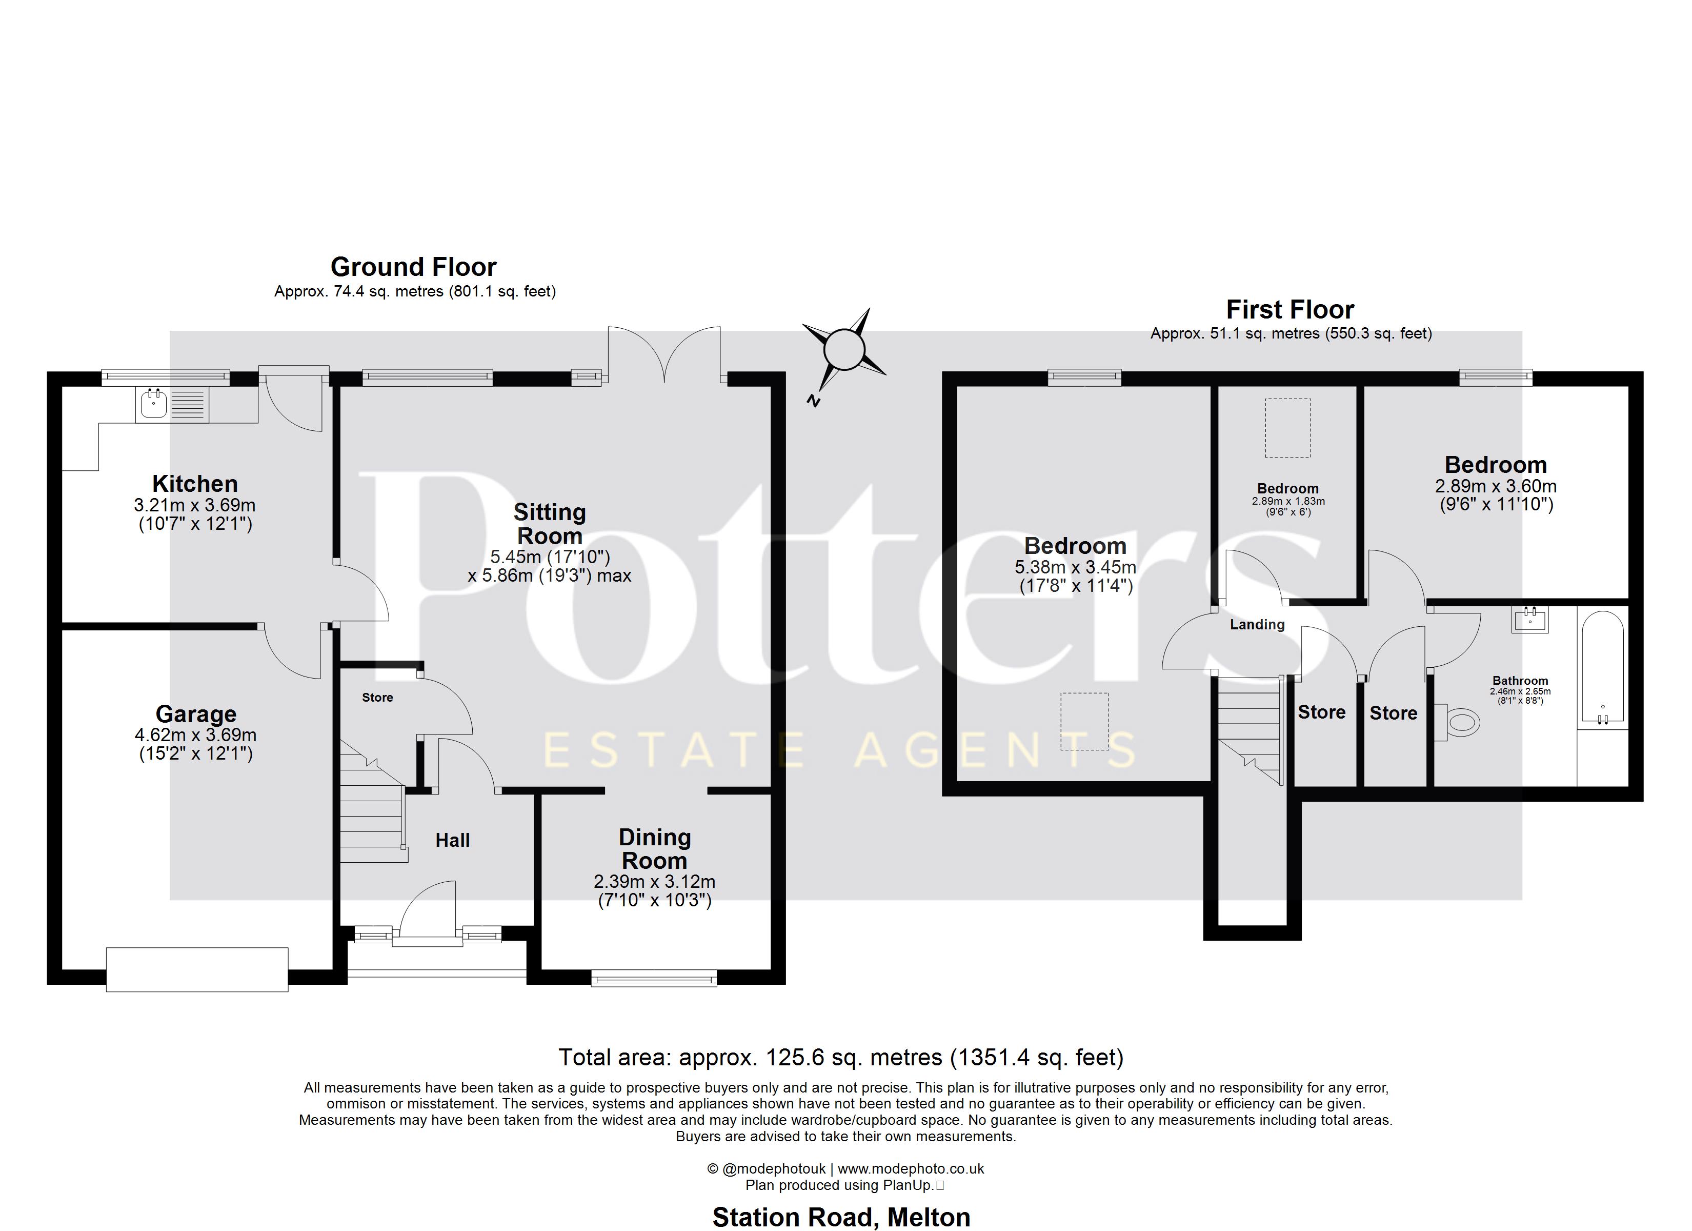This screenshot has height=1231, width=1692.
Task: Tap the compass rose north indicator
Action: click(844, 349)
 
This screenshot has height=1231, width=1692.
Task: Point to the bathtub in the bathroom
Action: click(1602, 667)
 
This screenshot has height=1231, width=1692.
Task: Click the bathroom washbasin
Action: click(1530, 619)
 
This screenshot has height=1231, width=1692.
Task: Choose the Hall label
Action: click(453, 841)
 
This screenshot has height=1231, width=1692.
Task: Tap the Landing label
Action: click(1257, 624)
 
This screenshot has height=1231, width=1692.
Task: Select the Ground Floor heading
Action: click(413, 267)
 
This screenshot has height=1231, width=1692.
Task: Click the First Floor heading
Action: click(1290, 309)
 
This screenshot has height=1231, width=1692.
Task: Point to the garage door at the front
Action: click(197, 969)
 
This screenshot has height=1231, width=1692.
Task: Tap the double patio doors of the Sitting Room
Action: click(664, 354)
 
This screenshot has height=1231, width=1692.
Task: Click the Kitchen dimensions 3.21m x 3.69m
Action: click(195, 505)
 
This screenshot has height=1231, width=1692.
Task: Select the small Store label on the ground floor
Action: click(377, 697)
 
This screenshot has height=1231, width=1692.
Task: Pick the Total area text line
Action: click(841, 1057)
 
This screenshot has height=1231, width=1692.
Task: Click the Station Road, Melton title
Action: click(841, 1217)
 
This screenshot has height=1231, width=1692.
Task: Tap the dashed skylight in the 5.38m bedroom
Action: click(1085, 721)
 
